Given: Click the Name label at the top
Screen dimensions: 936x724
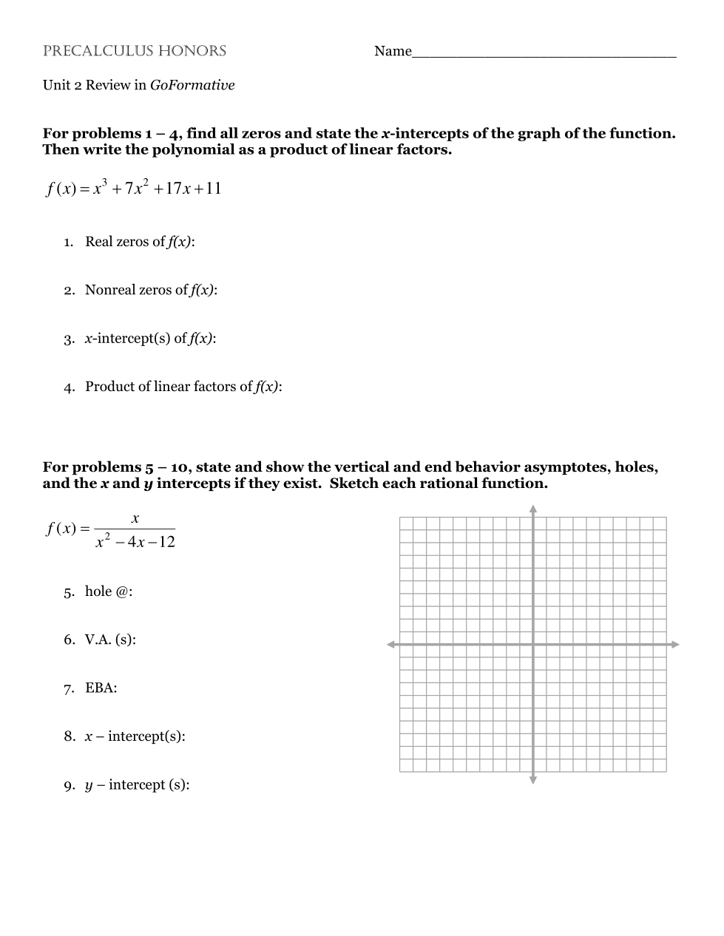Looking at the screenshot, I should point(393,51).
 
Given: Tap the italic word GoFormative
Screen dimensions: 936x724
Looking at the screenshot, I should point(192,85).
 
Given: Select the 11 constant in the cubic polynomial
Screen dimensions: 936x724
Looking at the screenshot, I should point(213,189).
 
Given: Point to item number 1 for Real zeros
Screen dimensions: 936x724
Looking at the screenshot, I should point(68,243).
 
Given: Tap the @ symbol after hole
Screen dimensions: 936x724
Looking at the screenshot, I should point(122,591).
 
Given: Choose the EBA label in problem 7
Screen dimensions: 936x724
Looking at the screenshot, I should point(101,688).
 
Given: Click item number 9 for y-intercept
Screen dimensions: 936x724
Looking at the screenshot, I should point(68,785).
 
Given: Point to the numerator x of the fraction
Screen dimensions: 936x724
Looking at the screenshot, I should point(135,519).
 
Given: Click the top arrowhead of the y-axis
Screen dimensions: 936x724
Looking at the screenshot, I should point(532,509).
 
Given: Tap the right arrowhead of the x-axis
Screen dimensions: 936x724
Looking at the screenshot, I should point(674,645).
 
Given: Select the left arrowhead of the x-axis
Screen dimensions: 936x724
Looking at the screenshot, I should point(391,645).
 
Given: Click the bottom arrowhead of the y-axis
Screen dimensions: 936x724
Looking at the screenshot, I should point(532,779).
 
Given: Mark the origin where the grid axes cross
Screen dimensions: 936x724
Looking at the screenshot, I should point(532,645).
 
